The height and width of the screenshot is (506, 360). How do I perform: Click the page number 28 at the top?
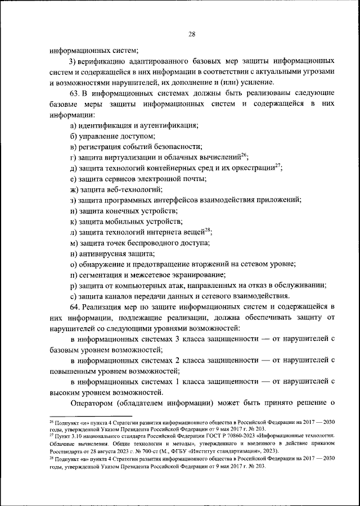[x=191, y=34]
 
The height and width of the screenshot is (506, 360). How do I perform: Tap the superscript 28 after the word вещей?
[x=208, y=229]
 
